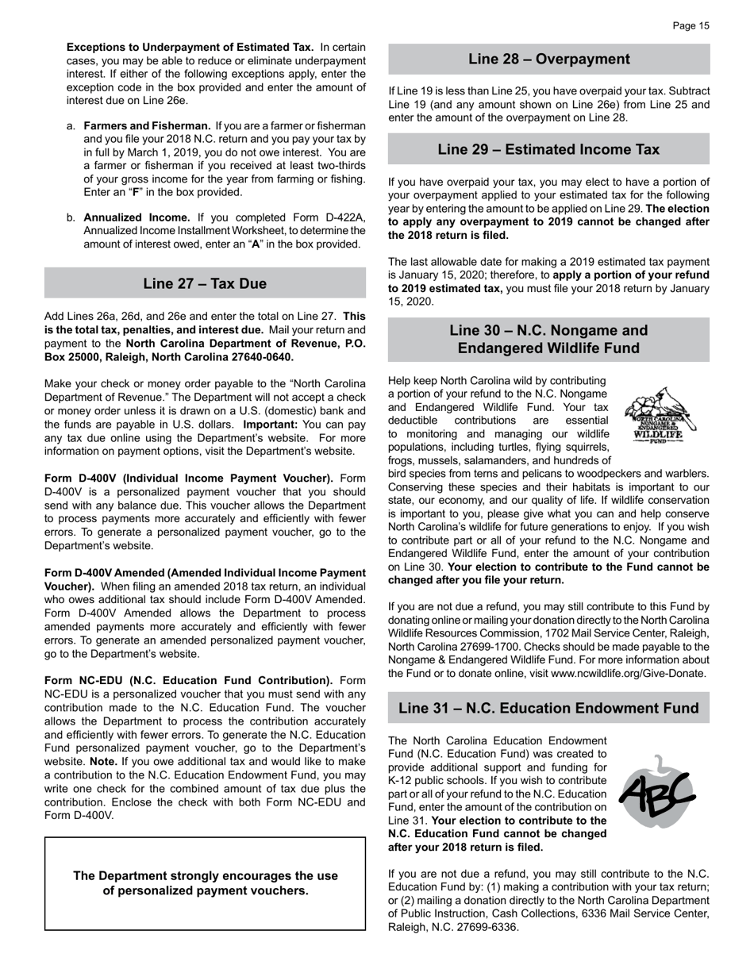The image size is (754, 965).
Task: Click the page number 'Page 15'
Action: click(691, 26)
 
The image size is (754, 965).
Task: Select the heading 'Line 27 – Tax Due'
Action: click(205, 283)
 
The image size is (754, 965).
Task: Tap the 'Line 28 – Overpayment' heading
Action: click(548, 60)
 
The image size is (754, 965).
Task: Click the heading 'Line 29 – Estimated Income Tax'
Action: click(548, 149)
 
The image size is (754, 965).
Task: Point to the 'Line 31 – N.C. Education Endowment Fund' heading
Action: click(548, 708)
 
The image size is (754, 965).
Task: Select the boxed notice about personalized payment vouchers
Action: click(205, 883)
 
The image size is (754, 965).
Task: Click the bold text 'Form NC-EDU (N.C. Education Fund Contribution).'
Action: click(189, 680)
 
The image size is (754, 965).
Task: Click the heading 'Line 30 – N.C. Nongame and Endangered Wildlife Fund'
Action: click(548, 339)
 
